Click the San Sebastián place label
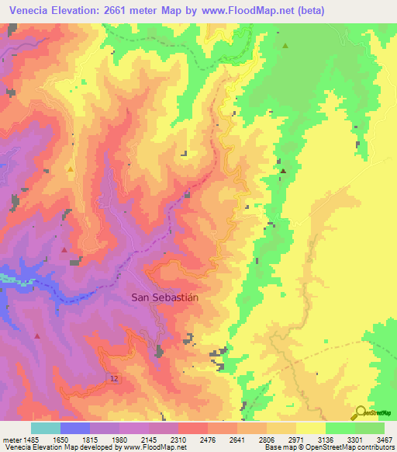pyautogui.click(x=165, y=297)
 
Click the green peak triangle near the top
pyautogui.click(x=285, y=46)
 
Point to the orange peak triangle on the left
pyautogui.click(x=71, y=169)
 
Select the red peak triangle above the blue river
pyautogui.click(x=64, y=250)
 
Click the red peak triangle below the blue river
pyautogui.click(x=37, y=336)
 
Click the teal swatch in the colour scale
pyautogui.click(x=45, y=428)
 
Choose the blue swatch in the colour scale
pyautogui.click(x=74, y=428)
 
